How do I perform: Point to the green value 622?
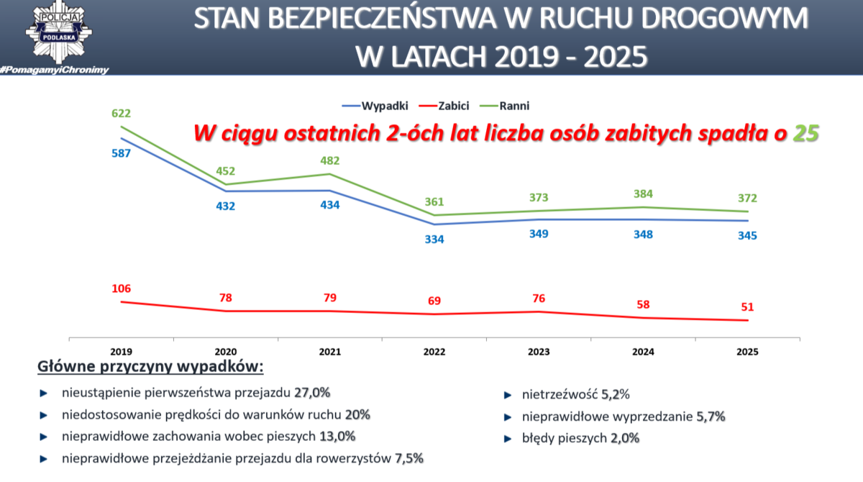tap(121, 113)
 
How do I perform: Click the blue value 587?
tap(121, 153)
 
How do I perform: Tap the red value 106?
tap(121, 288)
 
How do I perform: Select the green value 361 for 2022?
tap(434, 201)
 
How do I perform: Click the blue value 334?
tap(434, 239)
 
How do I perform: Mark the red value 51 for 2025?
tap(746, 307)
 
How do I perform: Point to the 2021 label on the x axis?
tap(329, 353)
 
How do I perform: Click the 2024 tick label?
tap(643, 353)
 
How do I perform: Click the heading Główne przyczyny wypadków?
tap(150, 368)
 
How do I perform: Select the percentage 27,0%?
tap(312, 393)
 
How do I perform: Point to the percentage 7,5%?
tap(409, 458)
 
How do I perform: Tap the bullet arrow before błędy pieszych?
tap(507, 437)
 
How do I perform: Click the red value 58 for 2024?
tap(643, 304)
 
